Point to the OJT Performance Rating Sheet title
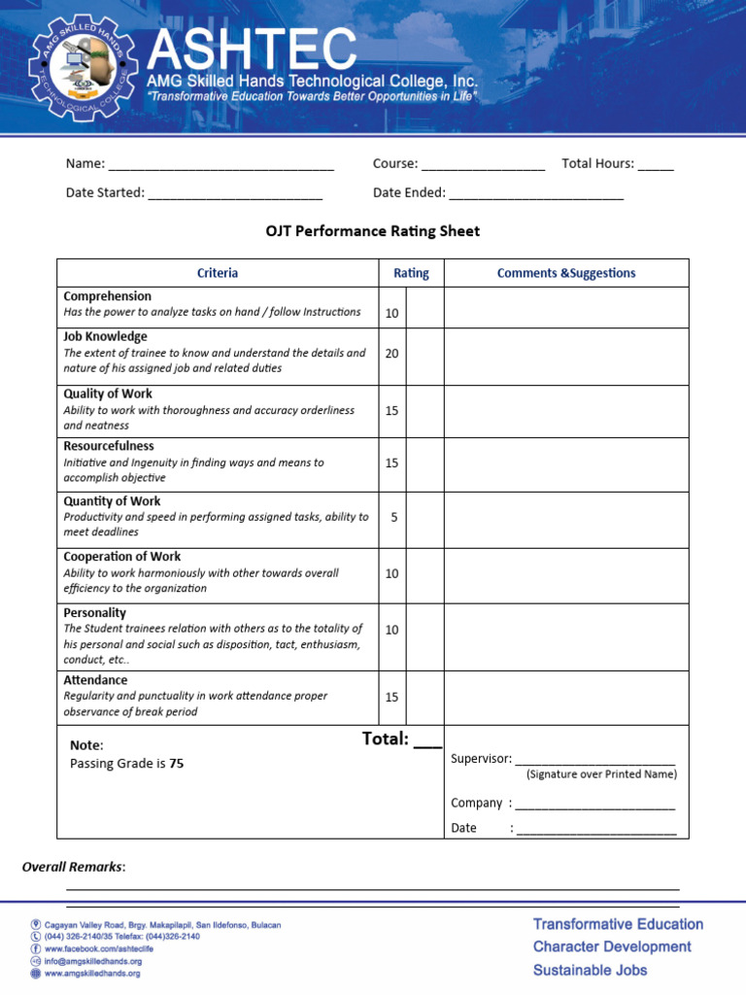[373, 231]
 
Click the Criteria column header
[218, 273]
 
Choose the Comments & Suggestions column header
[566, 273]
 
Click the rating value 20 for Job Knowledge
[391, 354]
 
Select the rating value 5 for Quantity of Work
[393, 517]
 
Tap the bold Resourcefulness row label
[109, 446]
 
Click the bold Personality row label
[94, 613]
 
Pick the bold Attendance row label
[95, 680]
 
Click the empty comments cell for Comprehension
[566, 308]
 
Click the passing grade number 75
[176, 764]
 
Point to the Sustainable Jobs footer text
[590, 970]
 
